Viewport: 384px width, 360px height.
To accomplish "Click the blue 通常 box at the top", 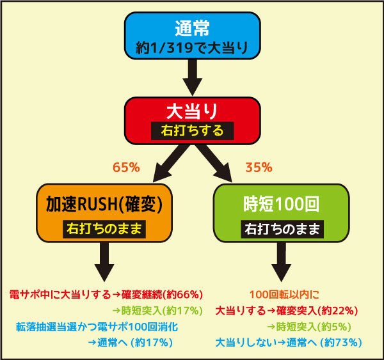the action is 192,35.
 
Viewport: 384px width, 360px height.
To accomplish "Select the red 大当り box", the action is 192,121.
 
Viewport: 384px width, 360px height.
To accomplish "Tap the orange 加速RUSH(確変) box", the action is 104,213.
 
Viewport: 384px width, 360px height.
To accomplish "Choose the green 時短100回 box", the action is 282,213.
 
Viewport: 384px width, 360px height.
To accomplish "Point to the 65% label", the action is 126,168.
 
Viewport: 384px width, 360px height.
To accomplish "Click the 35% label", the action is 259,168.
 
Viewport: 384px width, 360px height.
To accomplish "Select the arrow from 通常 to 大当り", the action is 193,77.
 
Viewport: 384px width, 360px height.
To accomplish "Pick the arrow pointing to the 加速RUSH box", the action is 171,163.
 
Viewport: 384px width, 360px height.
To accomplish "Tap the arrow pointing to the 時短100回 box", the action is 214,163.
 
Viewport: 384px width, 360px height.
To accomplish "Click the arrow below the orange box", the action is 104,262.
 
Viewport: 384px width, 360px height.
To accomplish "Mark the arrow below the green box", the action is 282,262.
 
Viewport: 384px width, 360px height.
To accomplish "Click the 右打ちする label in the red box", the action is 192,130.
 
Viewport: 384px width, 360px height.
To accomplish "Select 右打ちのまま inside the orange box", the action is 104,229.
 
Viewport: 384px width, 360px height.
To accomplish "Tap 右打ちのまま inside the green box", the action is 282,229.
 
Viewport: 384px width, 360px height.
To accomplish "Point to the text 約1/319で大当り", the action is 192,47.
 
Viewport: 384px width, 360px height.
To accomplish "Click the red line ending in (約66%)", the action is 106,295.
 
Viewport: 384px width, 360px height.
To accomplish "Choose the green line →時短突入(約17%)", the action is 157,311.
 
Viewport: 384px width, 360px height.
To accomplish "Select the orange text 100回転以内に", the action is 284,295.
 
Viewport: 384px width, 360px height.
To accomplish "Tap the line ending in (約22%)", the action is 287,311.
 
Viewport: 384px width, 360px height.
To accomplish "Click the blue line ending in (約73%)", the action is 289,343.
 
